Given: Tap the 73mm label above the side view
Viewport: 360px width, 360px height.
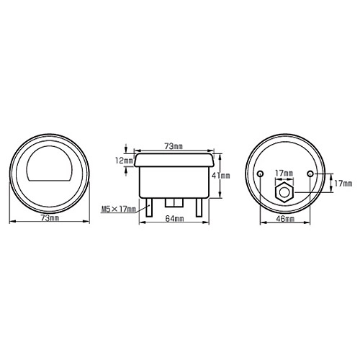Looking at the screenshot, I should tap(174, 145).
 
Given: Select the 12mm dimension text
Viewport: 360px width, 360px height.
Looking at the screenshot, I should tap(123, 160).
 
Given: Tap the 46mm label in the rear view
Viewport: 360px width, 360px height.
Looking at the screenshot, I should tap(284, 217).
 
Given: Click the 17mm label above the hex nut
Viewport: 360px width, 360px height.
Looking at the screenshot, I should tap(284, 173).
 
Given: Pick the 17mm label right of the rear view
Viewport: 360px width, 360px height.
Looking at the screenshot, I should tap(343, 184).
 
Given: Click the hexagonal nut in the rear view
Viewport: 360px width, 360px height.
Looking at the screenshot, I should tap(284, 193).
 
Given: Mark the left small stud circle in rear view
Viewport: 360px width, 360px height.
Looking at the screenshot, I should tap(260, 175).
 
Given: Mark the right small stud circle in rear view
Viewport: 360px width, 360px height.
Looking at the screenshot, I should tap(310, 175).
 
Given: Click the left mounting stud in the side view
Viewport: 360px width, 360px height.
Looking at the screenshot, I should tap(149, 209).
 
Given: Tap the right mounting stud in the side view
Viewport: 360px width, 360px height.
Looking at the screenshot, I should tap(199, 209).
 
